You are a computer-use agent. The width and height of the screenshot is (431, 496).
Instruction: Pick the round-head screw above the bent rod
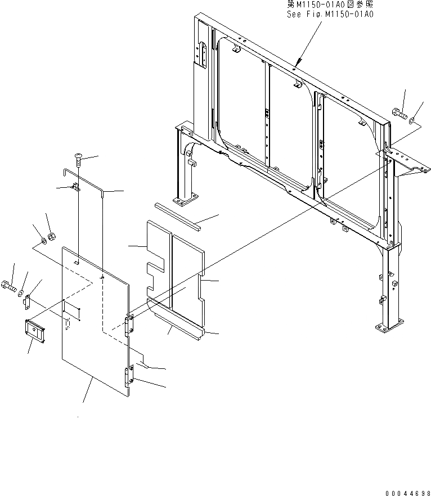pyautogui.click(x=78, y=161)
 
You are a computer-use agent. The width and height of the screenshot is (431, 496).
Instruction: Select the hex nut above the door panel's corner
pyautogui.click(x=51, y=236)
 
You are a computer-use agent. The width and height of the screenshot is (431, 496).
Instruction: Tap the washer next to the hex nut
pyautogui.click(x=42, y=244)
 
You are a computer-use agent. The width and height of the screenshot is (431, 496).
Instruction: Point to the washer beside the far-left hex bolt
pyautogui.click(x=21, y=293)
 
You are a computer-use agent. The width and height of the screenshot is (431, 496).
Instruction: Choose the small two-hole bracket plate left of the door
pyautogui.click(x=26, y=303)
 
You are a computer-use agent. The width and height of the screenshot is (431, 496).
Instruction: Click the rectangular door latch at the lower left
pyautogui.click(x=35, y=331)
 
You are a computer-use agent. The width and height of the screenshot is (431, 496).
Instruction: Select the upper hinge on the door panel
pyautogui.click(x=129, y=324)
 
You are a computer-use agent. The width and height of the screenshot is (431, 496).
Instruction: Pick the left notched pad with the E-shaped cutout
pyautogui.click(x=156, y=256)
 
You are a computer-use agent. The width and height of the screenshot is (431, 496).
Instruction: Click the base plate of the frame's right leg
pyautogui.click(x=389, y=326)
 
